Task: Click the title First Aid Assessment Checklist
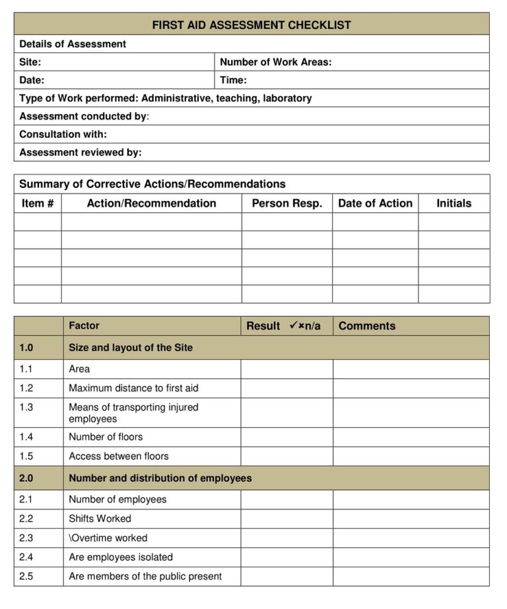click(252, 25)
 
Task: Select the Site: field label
click(30, 62)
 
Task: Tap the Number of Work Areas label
click(275, 62)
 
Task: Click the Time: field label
click(233, 80)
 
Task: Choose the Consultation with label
click(63, 134)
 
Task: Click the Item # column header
click(38, 204)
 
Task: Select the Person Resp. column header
click(287, 204)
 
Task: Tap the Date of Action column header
click(375, 204)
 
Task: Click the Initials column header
click(454, 204)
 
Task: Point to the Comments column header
click(367, 326)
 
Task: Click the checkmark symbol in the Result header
click(293, 325)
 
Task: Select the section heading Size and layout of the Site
click(131, 347)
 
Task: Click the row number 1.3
click(26, 407)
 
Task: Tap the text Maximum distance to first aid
click(133, 388)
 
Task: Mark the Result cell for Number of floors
click(287, 437)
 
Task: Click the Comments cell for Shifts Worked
click(411, 518)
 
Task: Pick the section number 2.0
click(26, 478)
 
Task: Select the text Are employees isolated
click(121, 557)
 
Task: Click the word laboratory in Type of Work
click(287, 98)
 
